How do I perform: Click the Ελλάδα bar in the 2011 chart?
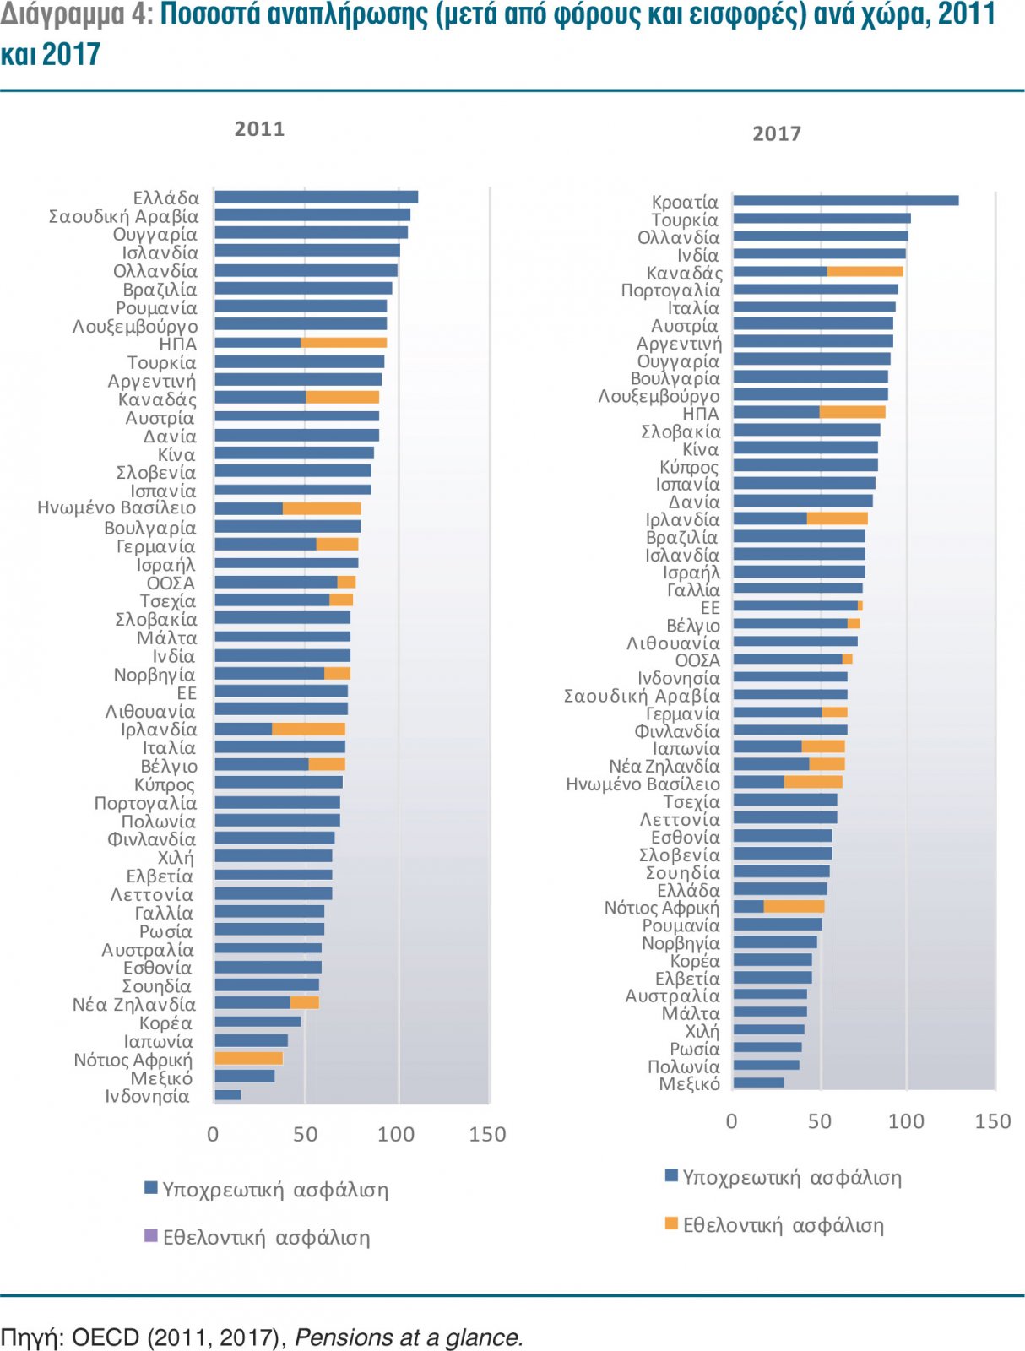316,198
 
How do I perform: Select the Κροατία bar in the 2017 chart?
844,201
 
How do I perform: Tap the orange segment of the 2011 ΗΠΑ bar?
344,343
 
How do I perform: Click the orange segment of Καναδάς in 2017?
865,271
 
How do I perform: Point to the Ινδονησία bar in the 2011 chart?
228,1095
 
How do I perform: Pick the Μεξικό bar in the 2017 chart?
758,1082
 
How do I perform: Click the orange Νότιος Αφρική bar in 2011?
248,1058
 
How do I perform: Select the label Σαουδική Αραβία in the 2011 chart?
123,216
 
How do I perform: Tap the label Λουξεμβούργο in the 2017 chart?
659,396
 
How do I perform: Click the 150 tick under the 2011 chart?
487,1134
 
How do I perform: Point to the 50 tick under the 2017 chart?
819,1121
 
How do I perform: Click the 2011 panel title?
259,129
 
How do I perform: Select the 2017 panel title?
776,133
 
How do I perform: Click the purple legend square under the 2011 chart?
151,1236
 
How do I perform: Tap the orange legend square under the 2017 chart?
671,1223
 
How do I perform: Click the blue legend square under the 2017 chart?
671,1175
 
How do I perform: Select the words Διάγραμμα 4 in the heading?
74,15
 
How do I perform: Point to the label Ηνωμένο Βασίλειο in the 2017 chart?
643,784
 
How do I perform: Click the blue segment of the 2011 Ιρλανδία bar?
243,729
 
